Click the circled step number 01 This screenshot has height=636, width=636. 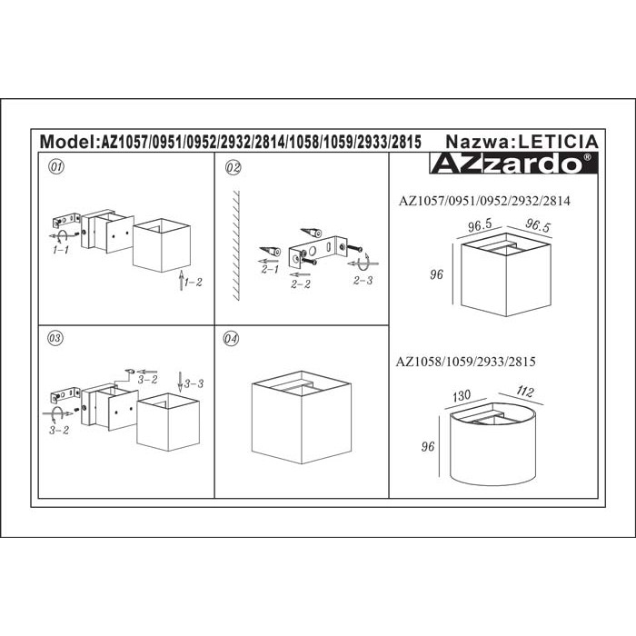[x=56, y=166]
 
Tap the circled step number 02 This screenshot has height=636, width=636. [x=233, y=168]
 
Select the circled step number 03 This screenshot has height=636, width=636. [x=55, y=338]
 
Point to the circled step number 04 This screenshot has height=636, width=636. [x=231, y=339]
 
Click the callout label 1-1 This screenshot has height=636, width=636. [x=61, y=250]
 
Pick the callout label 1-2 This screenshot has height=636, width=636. [x=193, y=283]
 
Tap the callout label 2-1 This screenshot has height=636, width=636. [x=270, y=269]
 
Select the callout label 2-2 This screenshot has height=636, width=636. [x=301, y=284]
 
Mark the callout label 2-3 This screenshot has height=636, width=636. [x=363, y=280]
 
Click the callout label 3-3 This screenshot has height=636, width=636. [x=194, y=383]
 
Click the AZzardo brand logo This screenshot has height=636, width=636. [x=513, y=163]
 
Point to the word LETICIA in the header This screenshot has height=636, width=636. [x=559, y=142]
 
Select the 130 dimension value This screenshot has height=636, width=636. [x=462, y=395]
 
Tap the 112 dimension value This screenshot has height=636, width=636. [x=525, y=392]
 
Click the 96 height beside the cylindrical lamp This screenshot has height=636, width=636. [x=428, y=447]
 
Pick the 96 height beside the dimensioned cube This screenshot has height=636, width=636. [x=436, y=274]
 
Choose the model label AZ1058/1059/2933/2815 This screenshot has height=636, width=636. [x=465, y=362]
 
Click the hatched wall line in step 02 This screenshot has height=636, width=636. [x=236, y=245]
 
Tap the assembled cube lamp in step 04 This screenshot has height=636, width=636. [x=302, y=417]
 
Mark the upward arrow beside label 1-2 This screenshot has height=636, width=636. [x=182, y=280]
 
